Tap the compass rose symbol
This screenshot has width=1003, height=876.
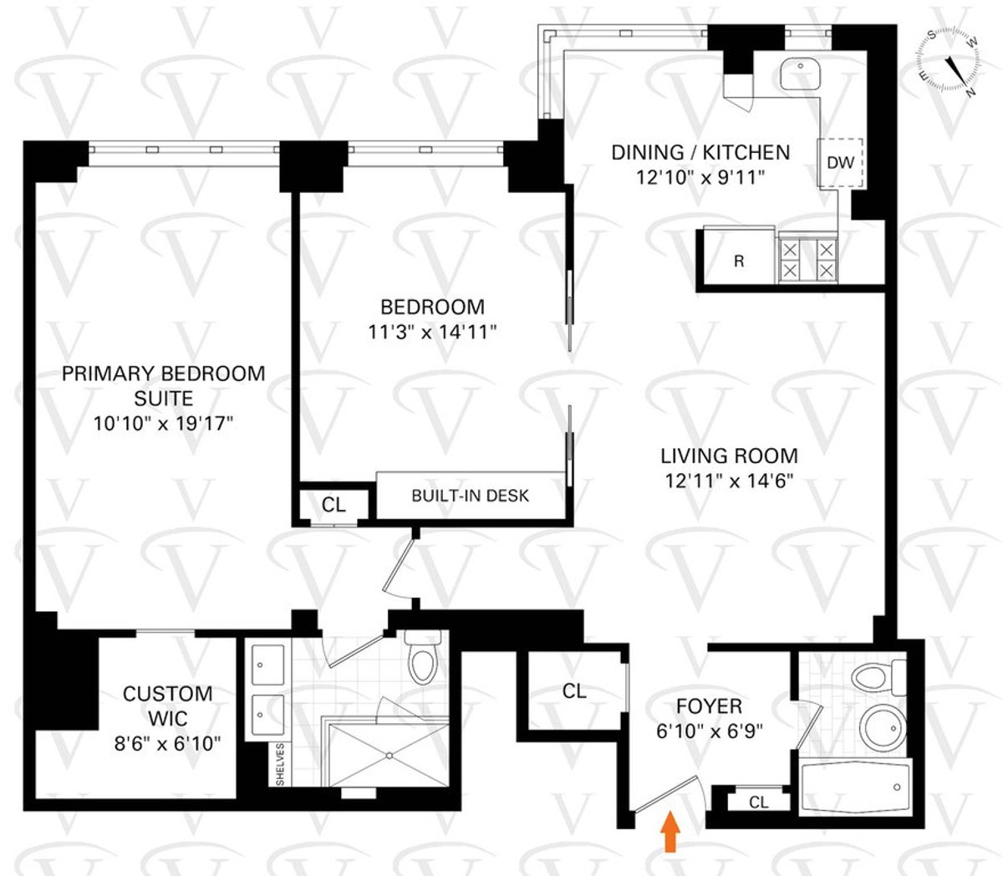(950, 60)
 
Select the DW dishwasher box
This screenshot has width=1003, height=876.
(840, 163)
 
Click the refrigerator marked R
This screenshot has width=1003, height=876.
(738, 261)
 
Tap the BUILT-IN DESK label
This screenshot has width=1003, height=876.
(470, 496)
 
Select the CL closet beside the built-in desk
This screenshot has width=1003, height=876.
(333, 505)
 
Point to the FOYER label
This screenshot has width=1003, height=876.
(710, 707)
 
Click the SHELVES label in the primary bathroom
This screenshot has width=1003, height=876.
(280, 763)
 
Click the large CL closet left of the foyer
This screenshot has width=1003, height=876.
(573, 690)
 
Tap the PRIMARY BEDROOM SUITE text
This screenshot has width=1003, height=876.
(163, 385)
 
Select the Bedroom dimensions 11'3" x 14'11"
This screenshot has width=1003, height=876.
(432, 332)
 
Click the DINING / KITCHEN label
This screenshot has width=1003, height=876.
(700, 152)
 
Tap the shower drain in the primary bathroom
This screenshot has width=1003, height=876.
(390, 755)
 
